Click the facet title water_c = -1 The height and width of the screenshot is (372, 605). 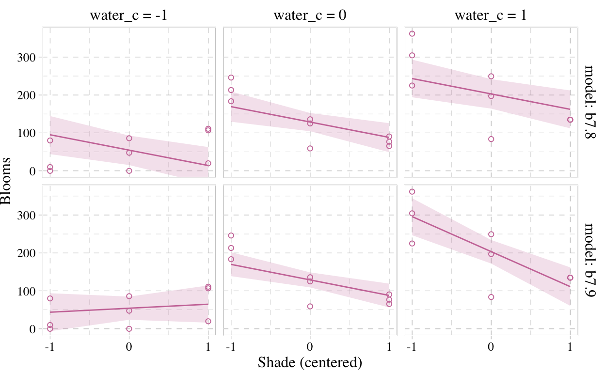(129, 15)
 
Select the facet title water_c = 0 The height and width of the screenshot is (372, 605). (310, 15)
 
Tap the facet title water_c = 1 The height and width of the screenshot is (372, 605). (491, 15)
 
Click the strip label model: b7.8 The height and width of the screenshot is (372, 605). (592, 102)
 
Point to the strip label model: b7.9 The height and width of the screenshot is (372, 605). (592, 260)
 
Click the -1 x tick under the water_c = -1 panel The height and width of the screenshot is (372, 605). (49, 347)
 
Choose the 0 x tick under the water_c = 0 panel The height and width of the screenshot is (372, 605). (310, 347)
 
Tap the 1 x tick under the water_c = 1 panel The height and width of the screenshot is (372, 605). (570, 347)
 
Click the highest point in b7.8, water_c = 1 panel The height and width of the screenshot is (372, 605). (412, 33)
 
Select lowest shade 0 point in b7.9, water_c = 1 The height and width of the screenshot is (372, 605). (491, 297)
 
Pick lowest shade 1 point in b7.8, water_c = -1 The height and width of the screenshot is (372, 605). (208, 163)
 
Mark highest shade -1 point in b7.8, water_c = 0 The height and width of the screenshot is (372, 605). (231, 77)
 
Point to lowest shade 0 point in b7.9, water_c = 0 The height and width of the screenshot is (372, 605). (310, 306)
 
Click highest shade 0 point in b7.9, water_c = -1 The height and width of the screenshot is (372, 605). (129, 296)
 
